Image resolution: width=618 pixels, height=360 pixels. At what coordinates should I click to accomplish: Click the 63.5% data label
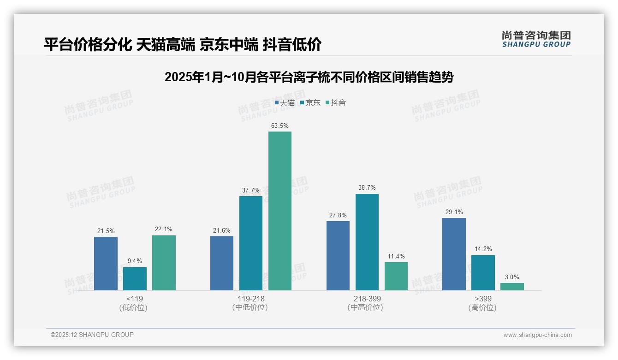(x=280, y=126)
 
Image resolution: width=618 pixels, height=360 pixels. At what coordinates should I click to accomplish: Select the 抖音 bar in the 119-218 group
(x=280, y=211)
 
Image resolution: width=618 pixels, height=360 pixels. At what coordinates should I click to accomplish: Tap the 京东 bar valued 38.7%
(x=367, y=242)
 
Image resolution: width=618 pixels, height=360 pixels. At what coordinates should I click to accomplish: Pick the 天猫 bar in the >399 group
(x=454, y=254)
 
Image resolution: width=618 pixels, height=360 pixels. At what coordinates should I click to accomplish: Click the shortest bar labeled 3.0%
(x=512, y=287)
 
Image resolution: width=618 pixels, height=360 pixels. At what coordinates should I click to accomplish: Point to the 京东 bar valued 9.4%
(x=135, y=279)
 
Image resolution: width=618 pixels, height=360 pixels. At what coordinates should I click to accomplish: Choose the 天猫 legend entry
(x=285, y=103)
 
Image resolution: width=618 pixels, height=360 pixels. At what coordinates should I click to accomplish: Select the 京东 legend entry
(x=310, y=103)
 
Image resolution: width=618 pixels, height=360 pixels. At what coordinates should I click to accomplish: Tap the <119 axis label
(x=135, y=299)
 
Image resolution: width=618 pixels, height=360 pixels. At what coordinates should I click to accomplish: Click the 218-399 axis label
(x=367, y=299)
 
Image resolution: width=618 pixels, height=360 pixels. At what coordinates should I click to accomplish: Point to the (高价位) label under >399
(x=482, y=307)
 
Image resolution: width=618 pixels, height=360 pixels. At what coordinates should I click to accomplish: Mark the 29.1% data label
(x=454, y=212)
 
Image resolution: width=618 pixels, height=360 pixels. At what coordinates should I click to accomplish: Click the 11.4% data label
(x=396, y=256)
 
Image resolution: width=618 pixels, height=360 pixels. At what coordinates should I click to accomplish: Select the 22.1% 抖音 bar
(x=164, y=263)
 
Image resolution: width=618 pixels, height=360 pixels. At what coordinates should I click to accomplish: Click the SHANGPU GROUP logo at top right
(x=536, y=39)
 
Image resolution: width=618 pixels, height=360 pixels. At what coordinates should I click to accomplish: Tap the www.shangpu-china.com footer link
(x=537, y=335)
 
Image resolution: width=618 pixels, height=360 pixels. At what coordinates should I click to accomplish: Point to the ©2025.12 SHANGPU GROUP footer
(x=92, y=335)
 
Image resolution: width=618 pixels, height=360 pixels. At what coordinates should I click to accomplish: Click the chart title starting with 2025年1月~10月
(x=309, y=77)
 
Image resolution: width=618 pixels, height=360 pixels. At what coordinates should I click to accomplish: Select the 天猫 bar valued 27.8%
(x=338, y=256)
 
